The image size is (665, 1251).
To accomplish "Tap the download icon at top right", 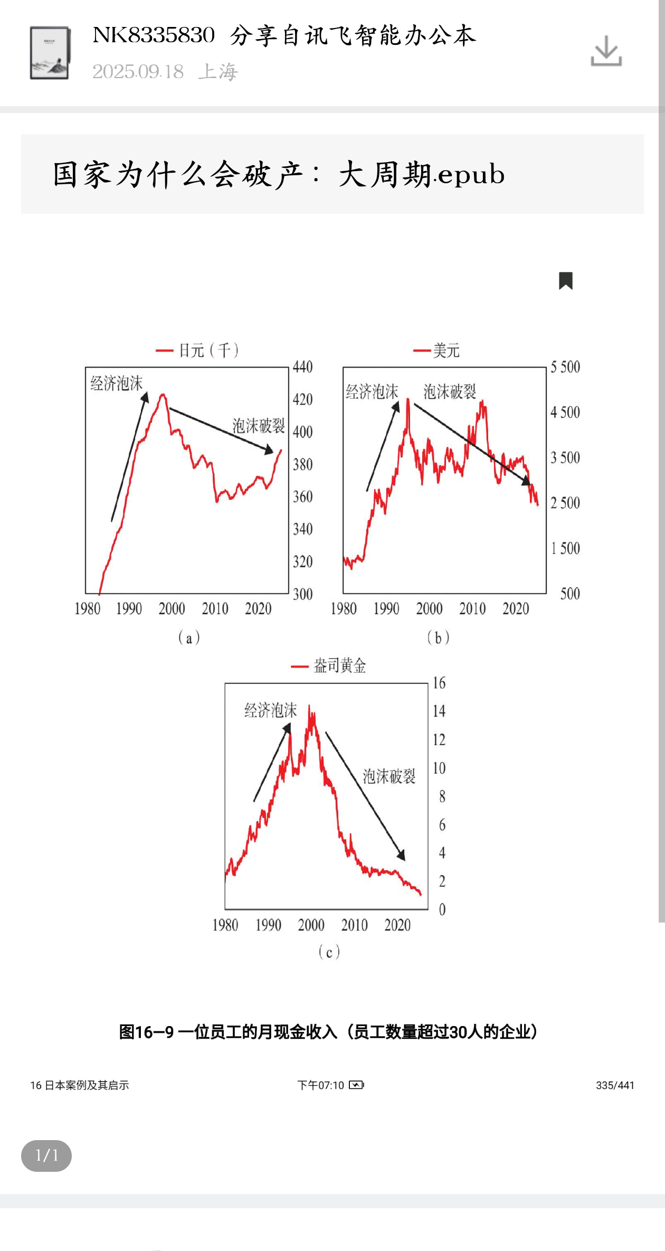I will click(x=606, y=51).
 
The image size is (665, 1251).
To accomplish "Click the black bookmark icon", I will click(x=566, y=280).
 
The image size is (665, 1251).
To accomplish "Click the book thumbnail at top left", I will click(x=50, y=53).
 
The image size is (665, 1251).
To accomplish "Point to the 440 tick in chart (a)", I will click(x=302, y=367).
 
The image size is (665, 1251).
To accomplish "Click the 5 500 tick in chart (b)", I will click(x=565, y=367).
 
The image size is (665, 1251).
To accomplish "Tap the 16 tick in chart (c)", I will click(x=439, y=683).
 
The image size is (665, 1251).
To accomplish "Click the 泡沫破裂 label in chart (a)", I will click(x=259, y=426).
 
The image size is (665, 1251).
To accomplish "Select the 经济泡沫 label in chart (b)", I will click(x=372, y=392).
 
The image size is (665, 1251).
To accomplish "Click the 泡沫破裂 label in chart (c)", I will click(x=389, y=776).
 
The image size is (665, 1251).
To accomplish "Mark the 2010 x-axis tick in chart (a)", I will click(x=215, y=609).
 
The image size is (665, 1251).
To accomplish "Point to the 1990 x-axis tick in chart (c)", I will click(x=268, y=925).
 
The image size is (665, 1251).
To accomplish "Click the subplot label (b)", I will click(x=438, y=638).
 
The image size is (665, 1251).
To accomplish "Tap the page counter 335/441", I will click(x=615, y=1085).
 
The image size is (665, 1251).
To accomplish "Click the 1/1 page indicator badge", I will click(x=46, y=1155).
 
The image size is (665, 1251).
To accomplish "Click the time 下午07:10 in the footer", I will click(x=320, y=1085).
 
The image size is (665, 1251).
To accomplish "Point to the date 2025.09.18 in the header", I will click(x=138, y=72).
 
